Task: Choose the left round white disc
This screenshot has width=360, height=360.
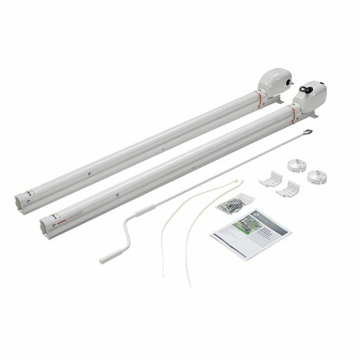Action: (295, 167)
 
